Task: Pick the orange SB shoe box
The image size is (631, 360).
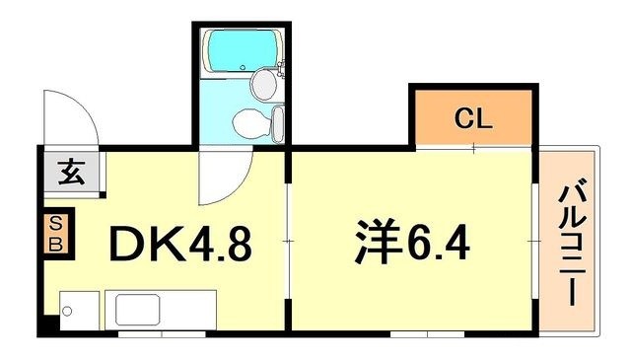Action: point(56,234)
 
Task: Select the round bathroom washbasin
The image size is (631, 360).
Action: point(264,85)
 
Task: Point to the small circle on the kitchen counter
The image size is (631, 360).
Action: point(67,312)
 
